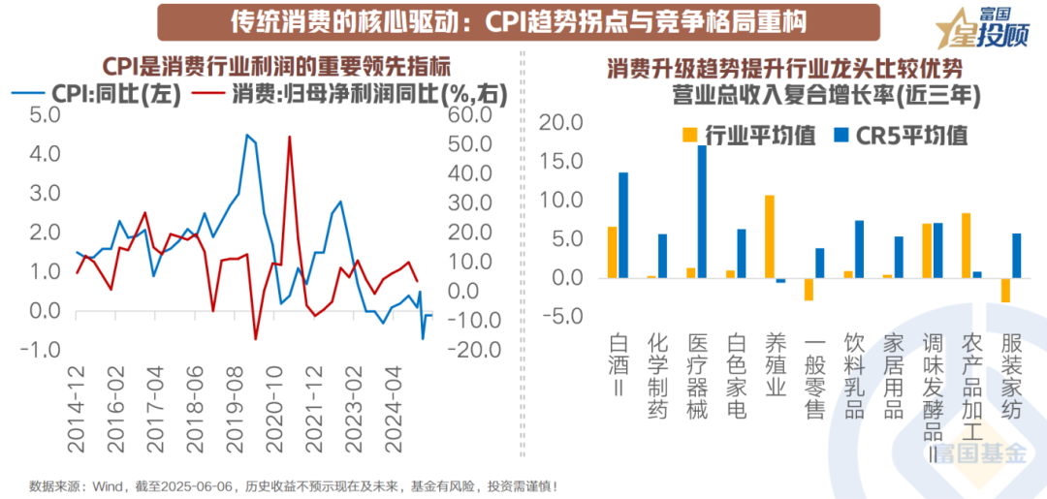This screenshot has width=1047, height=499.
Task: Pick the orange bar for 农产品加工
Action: pyautogui.click(x=966, y=245)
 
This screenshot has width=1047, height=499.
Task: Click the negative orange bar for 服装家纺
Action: pyautogui.click(x=1005, y=290)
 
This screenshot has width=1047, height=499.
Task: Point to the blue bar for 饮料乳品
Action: pyautogui.click(x=859, y=249)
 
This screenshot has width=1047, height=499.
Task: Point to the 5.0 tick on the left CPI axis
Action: pyautogui.click(x=45, y=115)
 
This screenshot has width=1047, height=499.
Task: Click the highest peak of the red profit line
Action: pyautogui.click(x=289, y=138)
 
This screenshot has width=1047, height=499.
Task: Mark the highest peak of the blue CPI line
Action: pyautogui.click(x=246, y=135)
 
